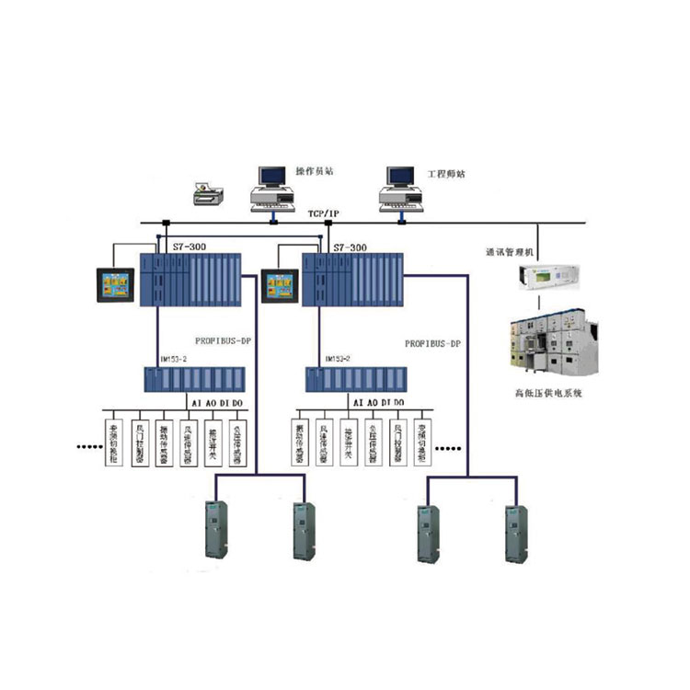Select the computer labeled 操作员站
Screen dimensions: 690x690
(x=272, y=189)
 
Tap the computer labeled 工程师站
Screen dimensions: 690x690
(x=398, y=189)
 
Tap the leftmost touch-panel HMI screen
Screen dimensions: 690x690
(x=119, y=284)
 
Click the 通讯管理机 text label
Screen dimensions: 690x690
(x=509, y=251)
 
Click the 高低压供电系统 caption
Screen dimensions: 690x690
(x=549, y=393)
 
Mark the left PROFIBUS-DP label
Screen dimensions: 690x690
(x=224, y=341)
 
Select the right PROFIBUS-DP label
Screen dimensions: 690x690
(x=433, y=343)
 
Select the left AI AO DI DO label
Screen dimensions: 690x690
(x=217, y=403)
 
